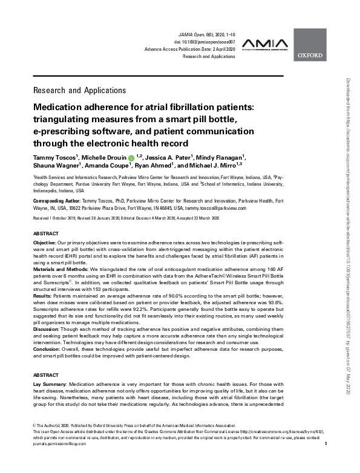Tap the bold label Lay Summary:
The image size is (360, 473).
tap(50, 384)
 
